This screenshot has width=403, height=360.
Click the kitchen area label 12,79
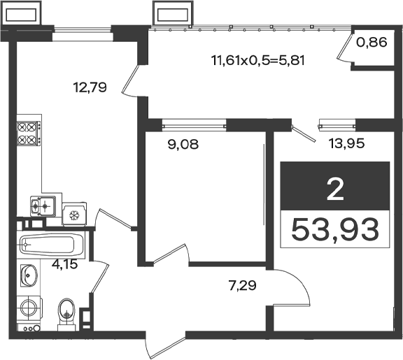coord(90,87)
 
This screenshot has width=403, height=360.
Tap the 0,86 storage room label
coord(372,42)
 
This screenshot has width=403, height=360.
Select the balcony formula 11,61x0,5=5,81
coord(257,61)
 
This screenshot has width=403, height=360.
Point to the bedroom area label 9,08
coord(183,144)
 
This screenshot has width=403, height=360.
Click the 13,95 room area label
coord(347,143)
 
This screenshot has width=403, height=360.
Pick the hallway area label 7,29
coord(242,285)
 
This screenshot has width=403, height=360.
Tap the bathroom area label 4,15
coord(64,264)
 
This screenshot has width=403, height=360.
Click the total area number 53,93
coord(335,229)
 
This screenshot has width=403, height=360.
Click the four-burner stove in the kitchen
coord(29,134)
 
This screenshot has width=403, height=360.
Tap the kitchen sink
coord(43,206)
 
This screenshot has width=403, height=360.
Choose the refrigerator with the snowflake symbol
coord(74,215)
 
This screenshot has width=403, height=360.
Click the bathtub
coord(51,245)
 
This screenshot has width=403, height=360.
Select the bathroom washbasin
coord(29,275)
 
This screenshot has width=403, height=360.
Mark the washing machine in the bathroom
coord(29,308)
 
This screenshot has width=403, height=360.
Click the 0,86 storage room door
coord(344,48)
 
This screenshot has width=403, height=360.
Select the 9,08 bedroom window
coord(195,126)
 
